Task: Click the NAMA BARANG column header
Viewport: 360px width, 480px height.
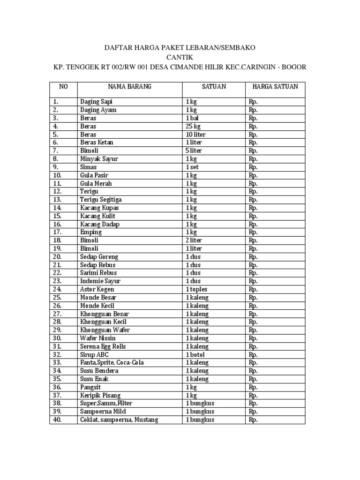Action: pyautogui.click(x=129, y=87)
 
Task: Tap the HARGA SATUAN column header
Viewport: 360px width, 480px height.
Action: pyautogui.click(x=275, y=87)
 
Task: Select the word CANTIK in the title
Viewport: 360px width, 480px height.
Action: pyautogui.click(x=180, y=57)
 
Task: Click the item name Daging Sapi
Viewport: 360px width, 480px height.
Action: pyautogui.click(x=96, y=101)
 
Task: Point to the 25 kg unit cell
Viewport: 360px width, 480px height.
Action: pyautogui.click(x=193, y=126)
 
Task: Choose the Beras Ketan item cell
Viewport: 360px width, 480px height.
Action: pyautogui.click(x=97, y=142)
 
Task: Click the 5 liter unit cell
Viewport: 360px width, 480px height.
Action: pyautogui.click(x=194, y=150)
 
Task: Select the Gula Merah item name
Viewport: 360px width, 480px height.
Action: pyautogui.click(x=96, y=183)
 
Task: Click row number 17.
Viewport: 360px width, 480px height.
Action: pyautogui.click(x=57, y=232)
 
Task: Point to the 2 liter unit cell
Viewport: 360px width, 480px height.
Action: pyautogui.click(x=194, y=240)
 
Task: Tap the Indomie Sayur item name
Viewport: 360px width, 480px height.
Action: pyautogui.click(x=100, y=281)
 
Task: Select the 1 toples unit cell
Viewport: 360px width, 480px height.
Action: pyautogui.click(x=196, y=290)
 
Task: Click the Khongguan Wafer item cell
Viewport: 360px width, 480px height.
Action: pyautogui.click(x=105, y=330)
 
